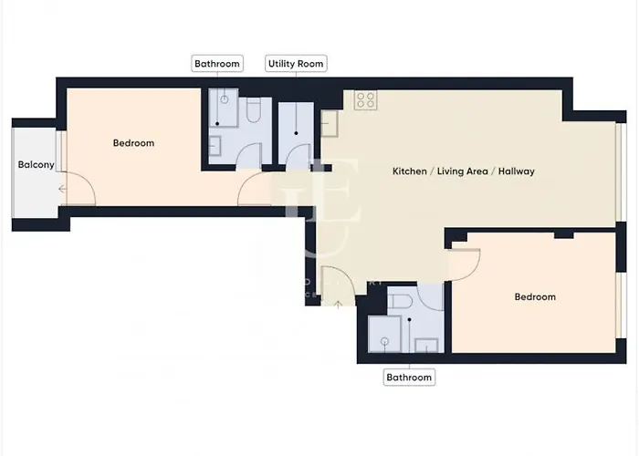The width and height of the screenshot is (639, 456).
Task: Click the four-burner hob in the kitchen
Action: click(366, 99)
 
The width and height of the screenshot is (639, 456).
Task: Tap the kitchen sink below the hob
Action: click(330, 122)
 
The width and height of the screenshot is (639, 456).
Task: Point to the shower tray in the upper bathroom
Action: click(223, 109)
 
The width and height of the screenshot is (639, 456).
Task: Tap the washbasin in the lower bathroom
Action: click(426, 344)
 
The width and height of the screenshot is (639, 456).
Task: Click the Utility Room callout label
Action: click(296, 64)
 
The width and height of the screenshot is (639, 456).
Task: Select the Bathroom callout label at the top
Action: click(217, 64)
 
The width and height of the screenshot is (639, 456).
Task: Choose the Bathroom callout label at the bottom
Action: click(408, 377)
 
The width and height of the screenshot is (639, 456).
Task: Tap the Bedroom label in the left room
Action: click(133, 143)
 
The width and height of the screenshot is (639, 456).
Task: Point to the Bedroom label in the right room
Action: click(534, 297)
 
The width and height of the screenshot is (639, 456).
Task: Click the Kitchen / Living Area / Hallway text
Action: click(463, 171)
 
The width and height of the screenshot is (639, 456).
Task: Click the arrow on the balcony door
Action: click(62, 190)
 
